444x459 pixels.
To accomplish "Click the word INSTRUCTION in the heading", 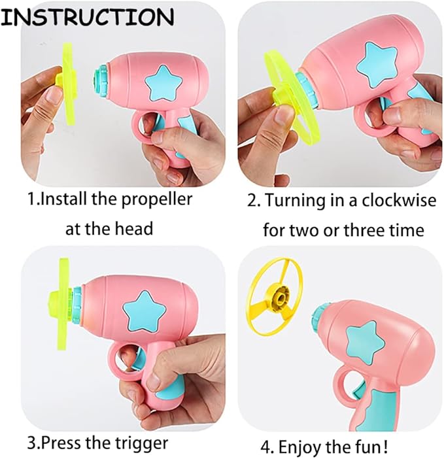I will (x=87, y=17).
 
